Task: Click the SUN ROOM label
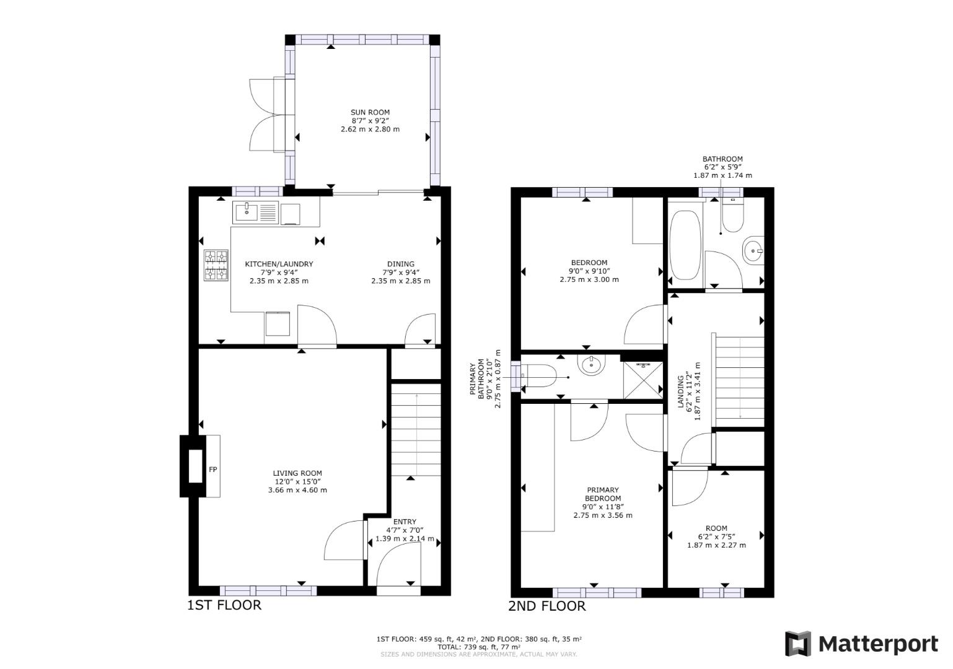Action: (370, 113)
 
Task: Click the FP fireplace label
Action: (213, 470)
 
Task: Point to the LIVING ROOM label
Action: (297, 473)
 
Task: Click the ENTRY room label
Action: (405, 522)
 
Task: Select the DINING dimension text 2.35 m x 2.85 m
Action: (400, 281)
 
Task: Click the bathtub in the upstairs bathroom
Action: (685, 245)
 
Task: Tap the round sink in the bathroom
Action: (752, 251)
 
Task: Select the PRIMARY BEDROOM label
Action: (602, 494)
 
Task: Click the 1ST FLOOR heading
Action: (224, 605)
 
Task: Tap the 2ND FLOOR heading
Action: (547, 606)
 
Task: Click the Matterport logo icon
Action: (798, 644)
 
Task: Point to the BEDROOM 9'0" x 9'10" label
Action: (589, 263)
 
